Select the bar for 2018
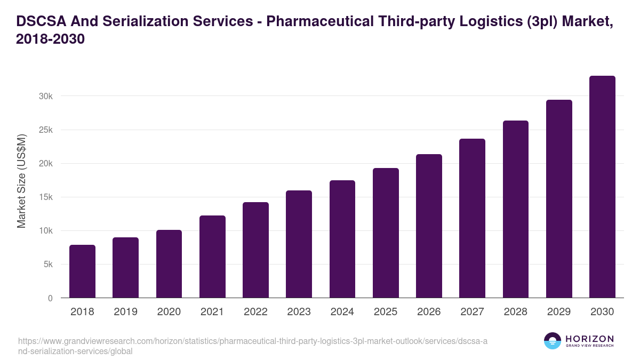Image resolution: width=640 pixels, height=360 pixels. click(82, 271)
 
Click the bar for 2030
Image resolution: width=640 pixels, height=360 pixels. click(602, 187)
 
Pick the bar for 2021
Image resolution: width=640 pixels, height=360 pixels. click(212, 257)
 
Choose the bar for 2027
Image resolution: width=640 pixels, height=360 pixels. click(472, 218)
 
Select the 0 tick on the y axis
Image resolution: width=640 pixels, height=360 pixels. click(50, 298)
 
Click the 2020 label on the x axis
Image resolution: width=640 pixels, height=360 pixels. click(169, 312)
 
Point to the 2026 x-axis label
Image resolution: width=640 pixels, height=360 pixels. click(429, 312)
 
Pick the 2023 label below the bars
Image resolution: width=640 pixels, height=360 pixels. click(299, 312)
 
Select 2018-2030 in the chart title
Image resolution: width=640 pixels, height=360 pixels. click(51, 39)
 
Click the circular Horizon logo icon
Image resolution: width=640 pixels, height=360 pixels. click(553, 341)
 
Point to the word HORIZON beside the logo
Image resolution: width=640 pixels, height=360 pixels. click(589, 338)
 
